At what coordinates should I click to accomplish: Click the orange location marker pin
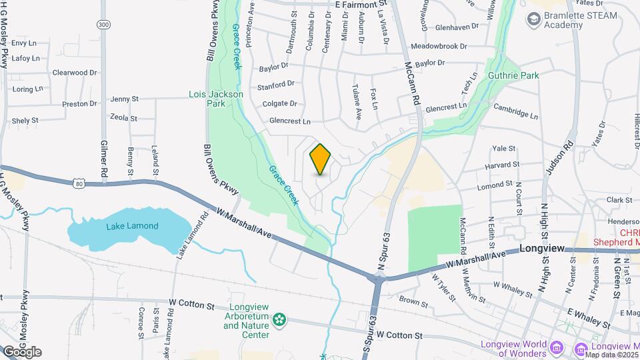tap(321, 159)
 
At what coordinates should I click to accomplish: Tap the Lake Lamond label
tap(133, 226)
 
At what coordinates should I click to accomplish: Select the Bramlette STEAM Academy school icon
tap(533, 20)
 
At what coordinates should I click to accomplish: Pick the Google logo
tap(22, 351)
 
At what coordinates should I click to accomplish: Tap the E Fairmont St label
tap(361, 4)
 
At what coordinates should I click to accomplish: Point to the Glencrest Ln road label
tap(290, 121)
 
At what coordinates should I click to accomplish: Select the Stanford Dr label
tap(276, 85)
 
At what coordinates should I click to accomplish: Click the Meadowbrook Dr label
tap(439, 47)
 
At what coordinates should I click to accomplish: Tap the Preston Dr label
tap(79, 104)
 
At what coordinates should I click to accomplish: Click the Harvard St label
tap(503, 164)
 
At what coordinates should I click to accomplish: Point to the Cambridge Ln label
tap(515, 110)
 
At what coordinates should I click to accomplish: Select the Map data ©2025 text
tap(609, 354)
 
